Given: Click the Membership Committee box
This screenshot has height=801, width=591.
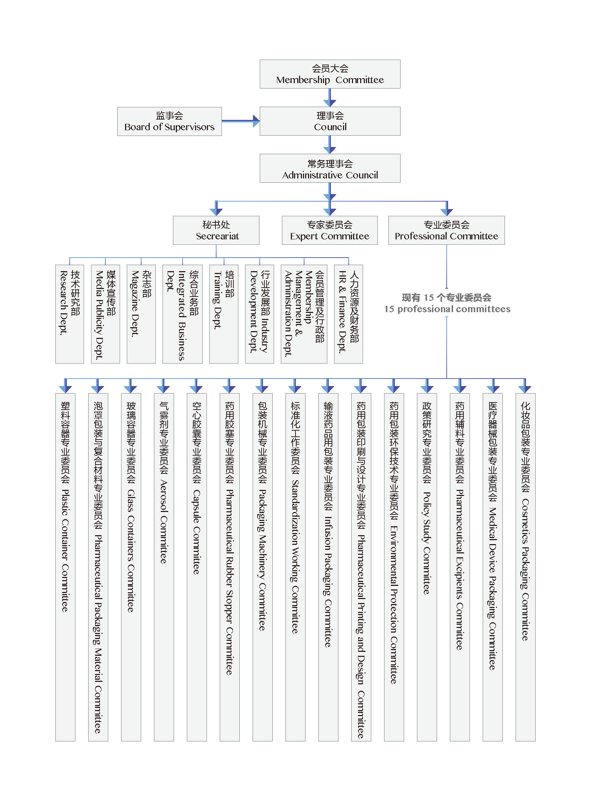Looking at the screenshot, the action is [x=330, y=74].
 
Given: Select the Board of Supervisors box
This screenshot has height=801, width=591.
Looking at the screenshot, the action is [x=169, y=121].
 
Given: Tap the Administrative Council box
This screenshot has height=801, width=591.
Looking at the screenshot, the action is [x=330, y=168].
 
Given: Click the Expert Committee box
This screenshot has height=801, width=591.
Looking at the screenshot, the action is [x=329, y=230].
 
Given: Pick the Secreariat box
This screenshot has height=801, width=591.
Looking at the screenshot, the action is [x=216, y=230].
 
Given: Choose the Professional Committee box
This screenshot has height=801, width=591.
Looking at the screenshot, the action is [x=447, y=230].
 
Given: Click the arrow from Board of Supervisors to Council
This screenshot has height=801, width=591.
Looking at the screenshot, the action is [x=241, y=121].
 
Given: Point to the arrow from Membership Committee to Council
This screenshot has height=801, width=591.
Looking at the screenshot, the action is [x=329, y=97].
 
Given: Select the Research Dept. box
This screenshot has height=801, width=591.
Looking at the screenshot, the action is [x=70, y=314].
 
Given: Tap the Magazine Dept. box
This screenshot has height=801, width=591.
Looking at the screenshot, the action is [x=141, y=314].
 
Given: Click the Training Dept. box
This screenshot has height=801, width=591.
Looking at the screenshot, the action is [x=224, y=314].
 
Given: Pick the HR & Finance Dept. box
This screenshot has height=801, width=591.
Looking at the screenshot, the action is [x=348, y=314].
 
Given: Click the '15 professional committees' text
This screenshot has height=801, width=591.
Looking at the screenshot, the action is [x=447, y=309].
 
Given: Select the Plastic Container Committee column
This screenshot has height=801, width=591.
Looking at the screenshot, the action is [x=65, y=567].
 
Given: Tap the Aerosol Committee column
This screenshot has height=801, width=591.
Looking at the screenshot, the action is [x=164, y=567].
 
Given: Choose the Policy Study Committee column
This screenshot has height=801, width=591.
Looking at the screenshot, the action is [x=427, y=567].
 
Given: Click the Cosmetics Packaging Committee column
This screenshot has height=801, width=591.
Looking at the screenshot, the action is [x=526, y=567].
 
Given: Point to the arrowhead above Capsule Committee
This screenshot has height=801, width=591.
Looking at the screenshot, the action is [x=196, y=389].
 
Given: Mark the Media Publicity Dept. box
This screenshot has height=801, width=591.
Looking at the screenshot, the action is [x=105, y=314].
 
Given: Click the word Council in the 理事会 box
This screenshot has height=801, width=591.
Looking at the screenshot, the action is [x=330, y=127].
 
